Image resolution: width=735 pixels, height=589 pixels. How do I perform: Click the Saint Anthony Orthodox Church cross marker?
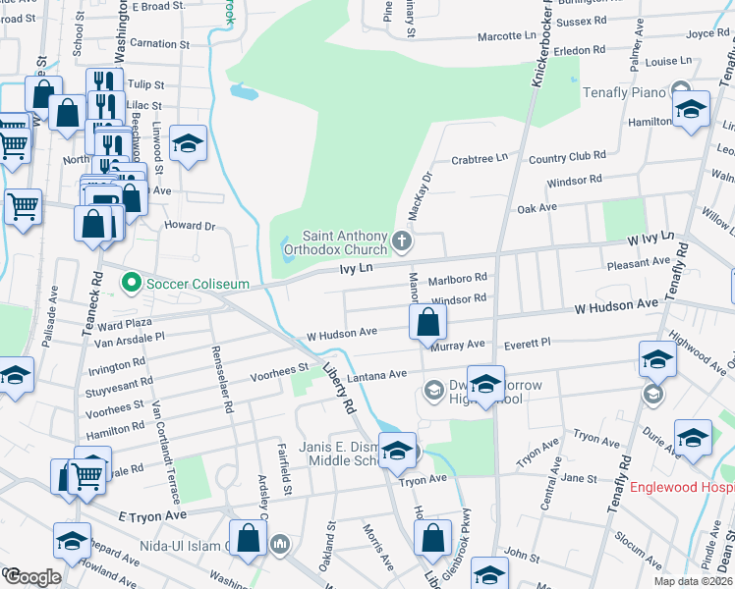pos(401,241)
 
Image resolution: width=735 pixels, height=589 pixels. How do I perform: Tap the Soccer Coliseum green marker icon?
pos(130,284)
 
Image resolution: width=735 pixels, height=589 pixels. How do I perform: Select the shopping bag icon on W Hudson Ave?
pos(428,321)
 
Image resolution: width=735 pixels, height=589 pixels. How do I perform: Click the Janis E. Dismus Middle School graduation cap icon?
pos(397,451)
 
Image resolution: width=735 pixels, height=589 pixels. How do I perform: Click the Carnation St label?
pos(158,44)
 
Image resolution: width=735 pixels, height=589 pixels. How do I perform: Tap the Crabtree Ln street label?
pos(480,157)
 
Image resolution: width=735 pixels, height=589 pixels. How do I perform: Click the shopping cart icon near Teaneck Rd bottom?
pos(87,475)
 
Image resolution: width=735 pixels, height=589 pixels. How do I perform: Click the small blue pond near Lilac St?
pos(243,92)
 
